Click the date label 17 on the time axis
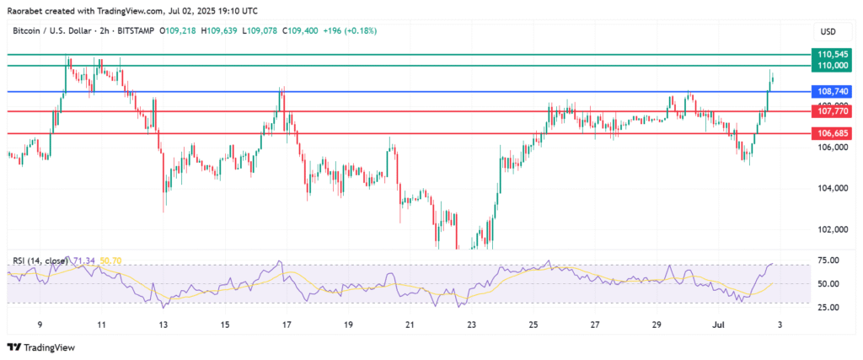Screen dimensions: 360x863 tap(287, 325)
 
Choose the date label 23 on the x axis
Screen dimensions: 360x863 tap(471, 325)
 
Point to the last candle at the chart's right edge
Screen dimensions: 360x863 tap(774, 78)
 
